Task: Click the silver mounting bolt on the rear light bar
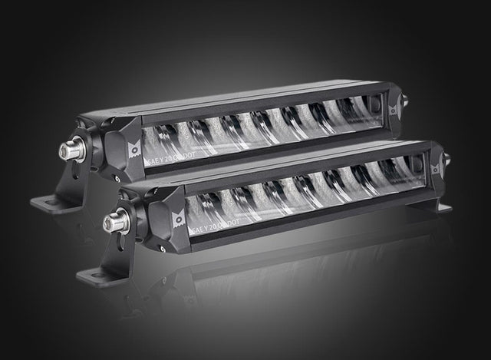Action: click(71, 150)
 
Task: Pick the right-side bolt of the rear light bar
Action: click(404, 101)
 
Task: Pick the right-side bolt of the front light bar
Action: click(447, 160)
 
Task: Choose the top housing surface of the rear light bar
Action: click(230, 101)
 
